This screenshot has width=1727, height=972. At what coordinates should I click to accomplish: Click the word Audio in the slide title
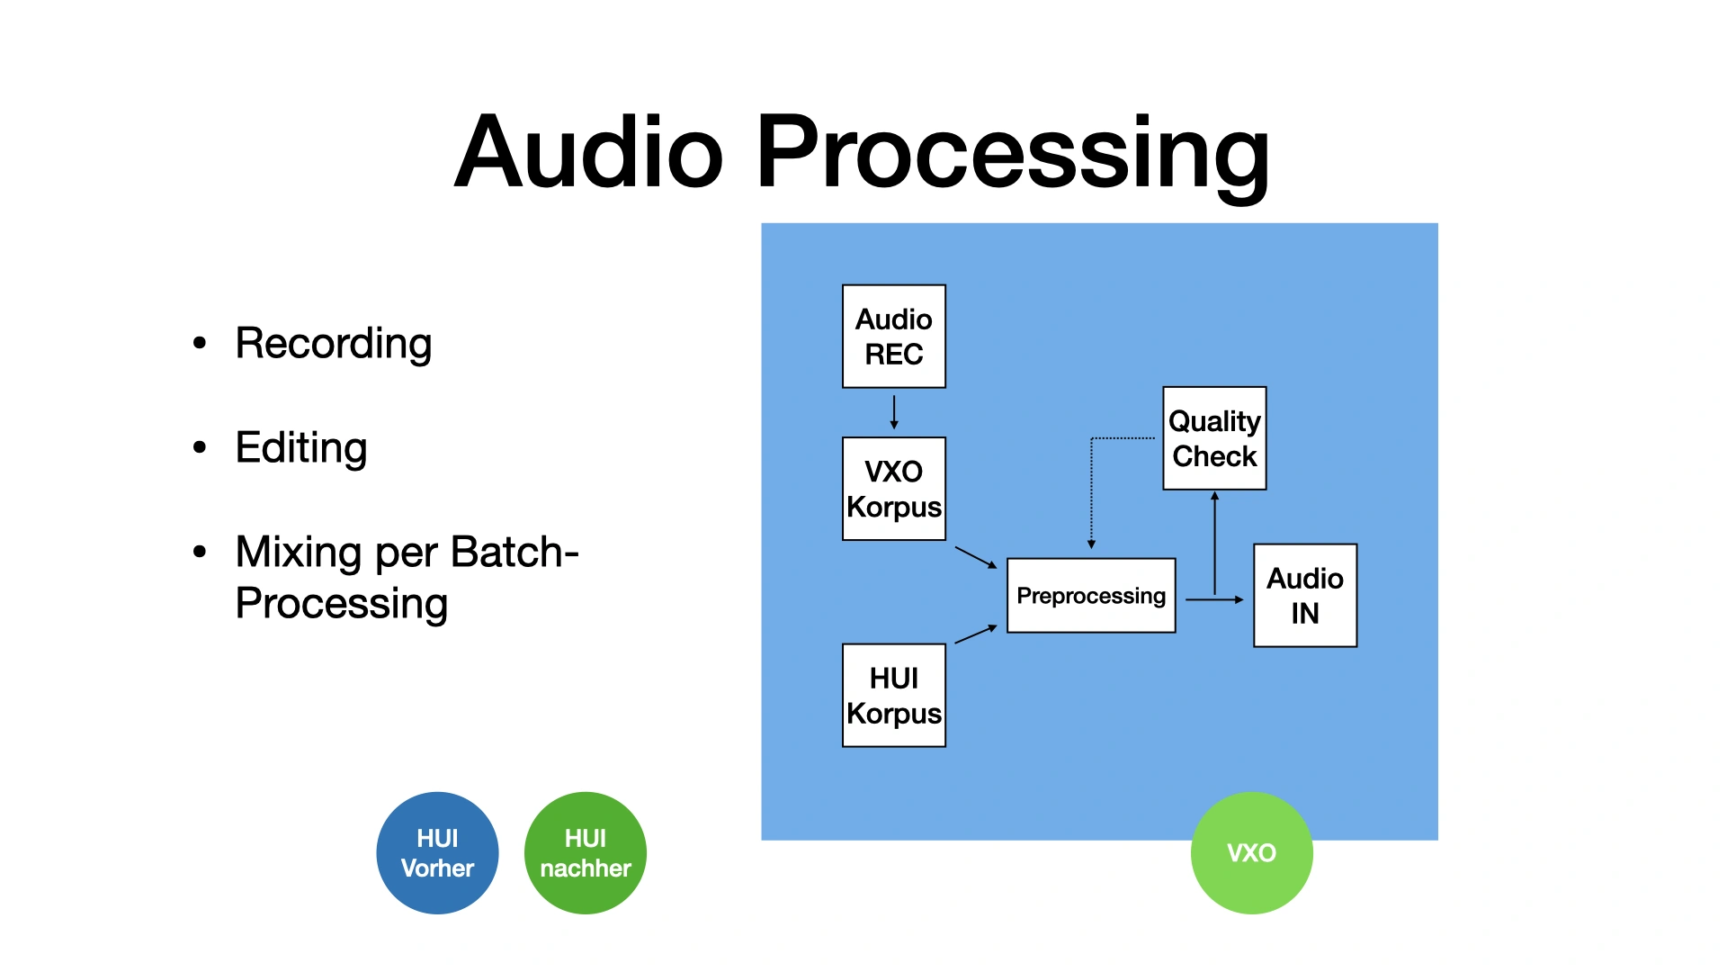(589, 153)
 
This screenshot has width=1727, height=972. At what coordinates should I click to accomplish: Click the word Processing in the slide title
(1014, 153)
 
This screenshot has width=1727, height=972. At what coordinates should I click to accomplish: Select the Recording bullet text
(334, 344)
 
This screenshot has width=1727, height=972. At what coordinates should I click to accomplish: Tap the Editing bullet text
(301, 448)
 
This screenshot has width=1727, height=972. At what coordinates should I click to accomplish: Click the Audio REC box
(894, 337)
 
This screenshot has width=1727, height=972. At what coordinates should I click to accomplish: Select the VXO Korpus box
(894, 489)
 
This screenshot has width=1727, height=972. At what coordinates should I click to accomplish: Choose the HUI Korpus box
(894, 695)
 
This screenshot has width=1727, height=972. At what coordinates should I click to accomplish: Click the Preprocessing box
(1091, 596)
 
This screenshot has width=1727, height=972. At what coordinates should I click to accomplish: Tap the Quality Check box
(1214, 438)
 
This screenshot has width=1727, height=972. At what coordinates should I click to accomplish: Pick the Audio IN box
(1305, 596)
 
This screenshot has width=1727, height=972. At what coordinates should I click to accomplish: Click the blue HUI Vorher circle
(437, 853)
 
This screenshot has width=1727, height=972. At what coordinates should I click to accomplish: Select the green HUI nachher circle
(586, 853)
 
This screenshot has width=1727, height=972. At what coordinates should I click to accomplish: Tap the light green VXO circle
(1251, 853)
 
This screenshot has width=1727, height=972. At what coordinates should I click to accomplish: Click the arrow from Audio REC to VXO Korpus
(894, 412)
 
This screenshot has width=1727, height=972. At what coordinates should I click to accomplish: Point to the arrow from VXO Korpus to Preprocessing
(976, 558)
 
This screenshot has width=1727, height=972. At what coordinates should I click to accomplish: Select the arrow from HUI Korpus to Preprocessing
(976, 634)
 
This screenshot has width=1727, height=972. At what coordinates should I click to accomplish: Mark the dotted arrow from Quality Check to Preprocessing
(1092, 490)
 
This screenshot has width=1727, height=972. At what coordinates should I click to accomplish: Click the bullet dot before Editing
(200, 447)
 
